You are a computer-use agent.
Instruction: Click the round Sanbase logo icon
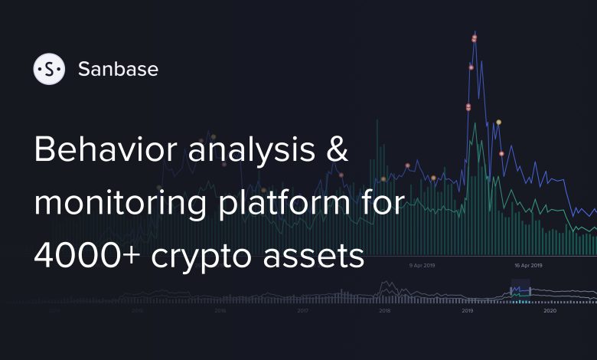(x=50, y=69)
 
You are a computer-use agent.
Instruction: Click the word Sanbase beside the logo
(x=118, y=69)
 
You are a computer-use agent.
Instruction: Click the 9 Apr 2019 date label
(x=422, y=265)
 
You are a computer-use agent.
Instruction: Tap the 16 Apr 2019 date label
(x=527, y=265)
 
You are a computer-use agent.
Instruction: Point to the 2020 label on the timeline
(x=550, y=312)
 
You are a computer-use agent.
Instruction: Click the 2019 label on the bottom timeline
(x=467, y=312)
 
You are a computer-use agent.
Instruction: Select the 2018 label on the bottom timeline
(x=384, y=312)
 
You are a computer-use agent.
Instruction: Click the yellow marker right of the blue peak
(x=498, y=123)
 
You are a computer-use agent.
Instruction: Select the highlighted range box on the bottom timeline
(x=520, y=293)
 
